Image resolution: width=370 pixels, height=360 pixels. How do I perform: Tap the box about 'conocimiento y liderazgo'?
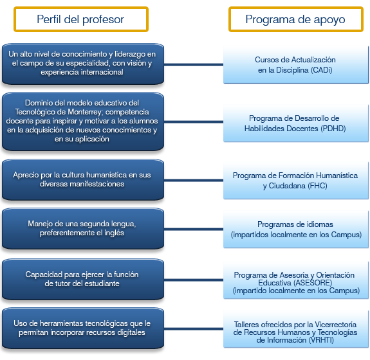pyautogui.click(x=83, y=64)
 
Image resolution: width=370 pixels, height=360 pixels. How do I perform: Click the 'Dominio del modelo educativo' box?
pyautogui.click(x=83, y=122)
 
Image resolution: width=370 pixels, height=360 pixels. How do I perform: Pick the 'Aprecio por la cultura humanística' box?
pyautogui.click(x=83, y=179)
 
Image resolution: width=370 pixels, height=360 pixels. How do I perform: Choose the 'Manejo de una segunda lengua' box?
pyautogui.click(x=83, y=228)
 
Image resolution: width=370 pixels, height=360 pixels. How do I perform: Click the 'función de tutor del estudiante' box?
pyautogui.click(x=83, y=280)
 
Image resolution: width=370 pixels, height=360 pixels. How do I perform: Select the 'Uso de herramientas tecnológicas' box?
pyautogui.click(x=83, y=328)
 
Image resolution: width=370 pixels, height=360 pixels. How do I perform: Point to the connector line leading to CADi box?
pyautogui.click(x=194, y=64)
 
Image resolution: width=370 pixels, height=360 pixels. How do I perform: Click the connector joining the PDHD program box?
pyautogui.click(x=194, y=122)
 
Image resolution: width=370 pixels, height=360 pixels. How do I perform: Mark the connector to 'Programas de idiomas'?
pyautogui.click(x=194, y=229)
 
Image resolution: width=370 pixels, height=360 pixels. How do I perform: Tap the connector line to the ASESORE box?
pyautogui.click(x=194, y=280)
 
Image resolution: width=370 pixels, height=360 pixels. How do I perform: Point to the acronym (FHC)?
pyautogui.click(x=317, y=186)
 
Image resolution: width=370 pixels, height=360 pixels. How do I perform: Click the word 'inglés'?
pyautogui.click(x=113, y=233)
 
